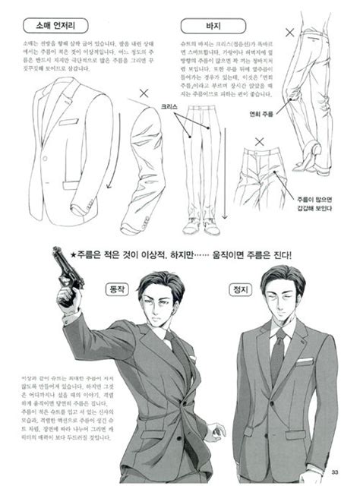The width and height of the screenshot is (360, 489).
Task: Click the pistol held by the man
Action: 68,269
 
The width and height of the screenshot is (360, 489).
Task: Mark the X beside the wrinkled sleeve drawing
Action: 144,93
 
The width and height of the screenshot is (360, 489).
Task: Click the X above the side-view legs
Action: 289,32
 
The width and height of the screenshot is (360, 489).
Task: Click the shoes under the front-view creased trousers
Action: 201,226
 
